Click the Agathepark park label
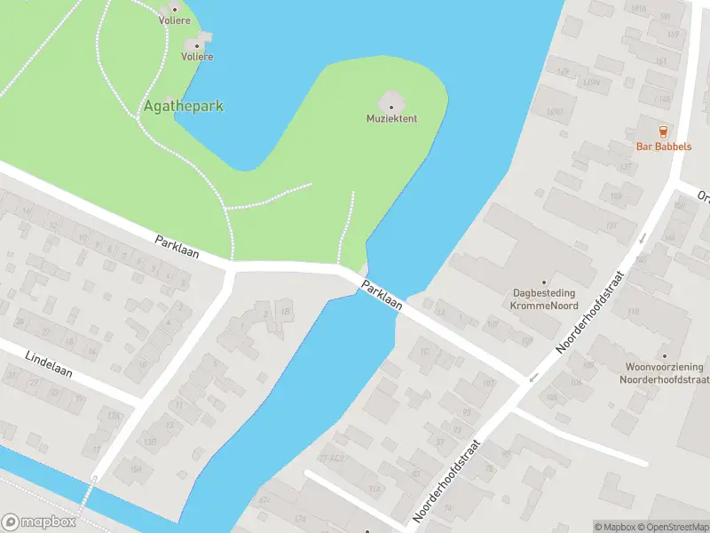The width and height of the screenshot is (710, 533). pos(184,107)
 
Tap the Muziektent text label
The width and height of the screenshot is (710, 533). pos(391,118)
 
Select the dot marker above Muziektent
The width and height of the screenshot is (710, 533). pos(391,107)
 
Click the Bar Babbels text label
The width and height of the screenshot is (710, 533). pos(663,147)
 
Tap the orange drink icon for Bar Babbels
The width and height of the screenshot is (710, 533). pos(663,131)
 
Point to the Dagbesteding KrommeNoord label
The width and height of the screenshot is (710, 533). pos(543,298)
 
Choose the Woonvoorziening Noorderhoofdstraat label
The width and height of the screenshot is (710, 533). pos(664,373)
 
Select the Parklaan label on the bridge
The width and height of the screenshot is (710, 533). pos(383,294)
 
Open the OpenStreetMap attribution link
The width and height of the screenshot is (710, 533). pos(669,527)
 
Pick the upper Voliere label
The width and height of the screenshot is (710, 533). pos(174,19)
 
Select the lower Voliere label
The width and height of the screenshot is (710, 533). pos(197,56)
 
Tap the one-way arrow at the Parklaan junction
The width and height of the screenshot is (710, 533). pos(533,377)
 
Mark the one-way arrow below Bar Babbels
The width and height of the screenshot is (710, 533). pos(643,239)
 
